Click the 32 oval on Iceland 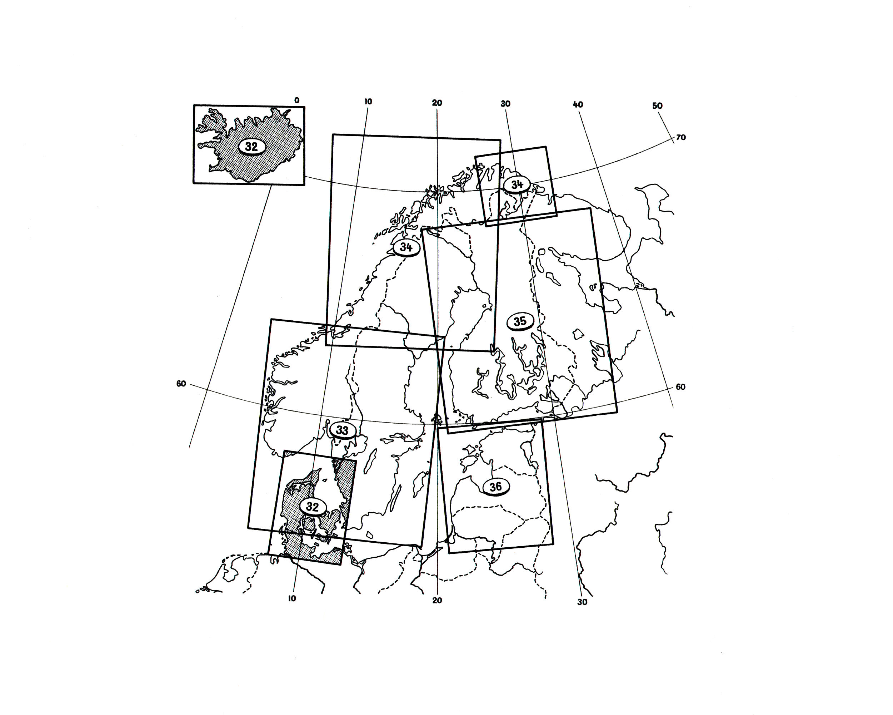click(x=251, y=146)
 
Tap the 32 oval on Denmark click(x=312, y=507)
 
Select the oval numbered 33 click(x=342, y=430)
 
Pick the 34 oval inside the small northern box click(x=517, y=184)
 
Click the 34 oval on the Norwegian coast click(x=406, y=247)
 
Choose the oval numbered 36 click(x=496, y=487)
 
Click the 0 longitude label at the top click(x=296, y=100)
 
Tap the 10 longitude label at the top click(x=368, y=102)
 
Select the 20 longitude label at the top click(x=437, y=103)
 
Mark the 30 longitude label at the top click(x=505, y=104)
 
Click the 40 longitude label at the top click(x=578, y=104)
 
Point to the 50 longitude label click(x=657, y=106)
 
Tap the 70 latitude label click(x=680, y=137)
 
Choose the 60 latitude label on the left click(x=181, y=384)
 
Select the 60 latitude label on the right click(x=680, y=387)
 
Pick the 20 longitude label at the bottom click(x=437, y=600)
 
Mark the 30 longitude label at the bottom click(x=582, y=602)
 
